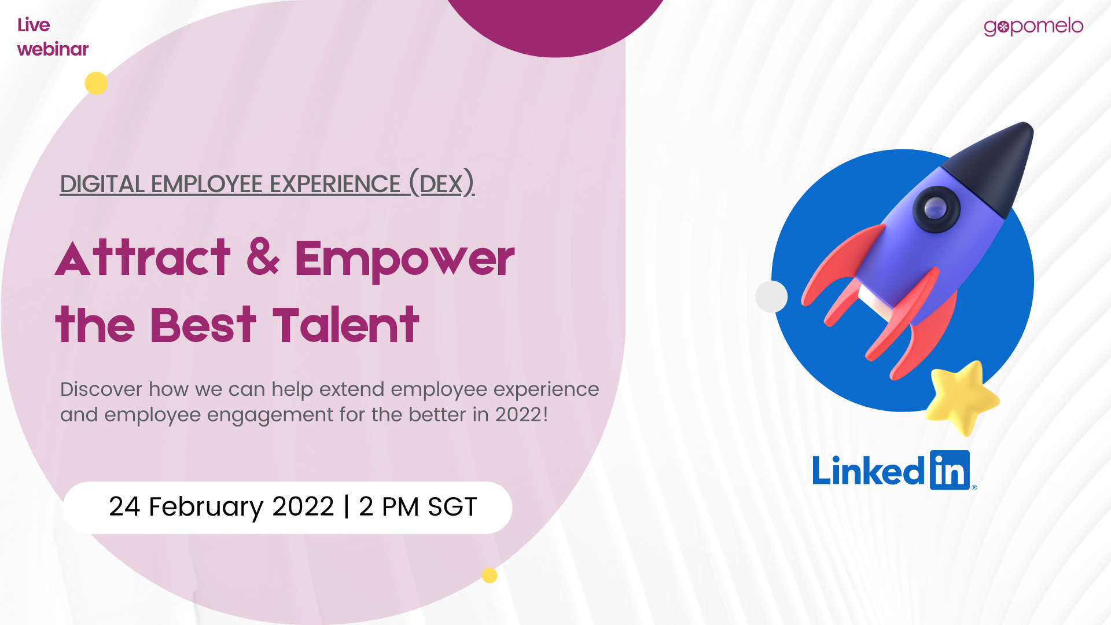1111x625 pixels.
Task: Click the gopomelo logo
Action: [1033, 27]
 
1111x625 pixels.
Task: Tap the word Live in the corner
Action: [34, 25]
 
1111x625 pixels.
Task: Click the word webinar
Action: [53, 49]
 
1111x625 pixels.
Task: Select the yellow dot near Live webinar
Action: [96, 83]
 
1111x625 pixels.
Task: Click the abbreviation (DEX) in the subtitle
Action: [442, 183]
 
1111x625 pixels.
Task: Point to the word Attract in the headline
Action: [143, 258]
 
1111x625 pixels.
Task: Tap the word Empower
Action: [404, 260]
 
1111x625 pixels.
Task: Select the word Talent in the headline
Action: [345, 325]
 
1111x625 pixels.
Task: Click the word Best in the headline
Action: [203, 325]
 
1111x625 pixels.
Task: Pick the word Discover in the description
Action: [101, 389]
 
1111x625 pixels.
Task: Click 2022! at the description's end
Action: [521, 414]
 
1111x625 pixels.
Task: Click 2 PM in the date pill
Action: [389, 507]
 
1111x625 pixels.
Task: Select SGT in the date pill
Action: [453, 507]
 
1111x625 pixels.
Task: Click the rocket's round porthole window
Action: [936, 208]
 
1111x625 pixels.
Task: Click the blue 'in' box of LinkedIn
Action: [950, 470]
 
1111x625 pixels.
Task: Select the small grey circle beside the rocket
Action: [771, 296]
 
